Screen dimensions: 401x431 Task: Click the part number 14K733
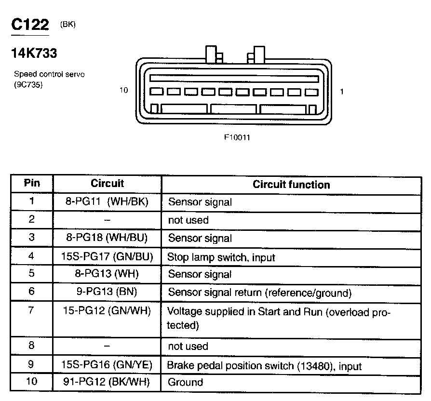(x=34, y=53)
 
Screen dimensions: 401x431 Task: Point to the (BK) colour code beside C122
(x=68, y=25)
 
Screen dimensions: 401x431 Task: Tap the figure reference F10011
(x=237, y=137)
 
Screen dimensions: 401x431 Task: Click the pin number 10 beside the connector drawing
(x=124, y=90)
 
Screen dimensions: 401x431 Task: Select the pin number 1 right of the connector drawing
(x=342, y=91)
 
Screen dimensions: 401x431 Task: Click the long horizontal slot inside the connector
(x=234, y=78)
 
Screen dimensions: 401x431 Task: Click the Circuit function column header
(x=291, y=185)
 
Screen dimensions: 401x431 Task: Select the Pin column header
(x=32, y=184)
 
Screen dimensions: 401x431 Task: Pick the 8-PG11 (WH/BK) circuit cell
(x=107, y=202)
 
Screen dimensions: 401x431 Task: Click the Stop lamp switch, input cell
(x=221, y=257)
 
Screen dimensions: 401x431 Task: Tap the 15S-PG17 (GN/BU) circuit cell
(x=107, y=257)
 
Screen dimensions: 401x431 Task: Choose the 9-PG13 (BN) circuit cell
(x=107, y=293)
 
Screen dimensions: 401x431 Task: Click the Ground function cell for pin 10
(x=185, y=383)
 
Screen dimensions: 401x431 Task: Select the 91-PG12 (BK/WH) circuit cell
(x=107, y=382)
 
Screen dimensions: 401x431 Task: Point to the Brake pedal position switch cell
(x=264, y=366)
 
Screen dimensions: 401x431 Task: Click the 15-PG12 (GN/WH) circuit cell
(x=107, y=311)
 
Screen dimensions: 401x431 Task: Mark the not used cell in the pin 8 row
(x=188, y=347)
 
